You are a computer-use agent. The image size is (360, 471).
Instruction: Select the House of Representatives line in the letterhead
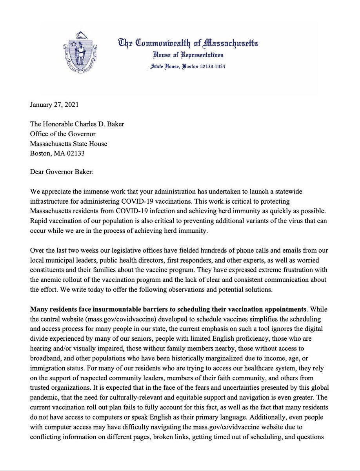pyautogui.click(x=188, y=56)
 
